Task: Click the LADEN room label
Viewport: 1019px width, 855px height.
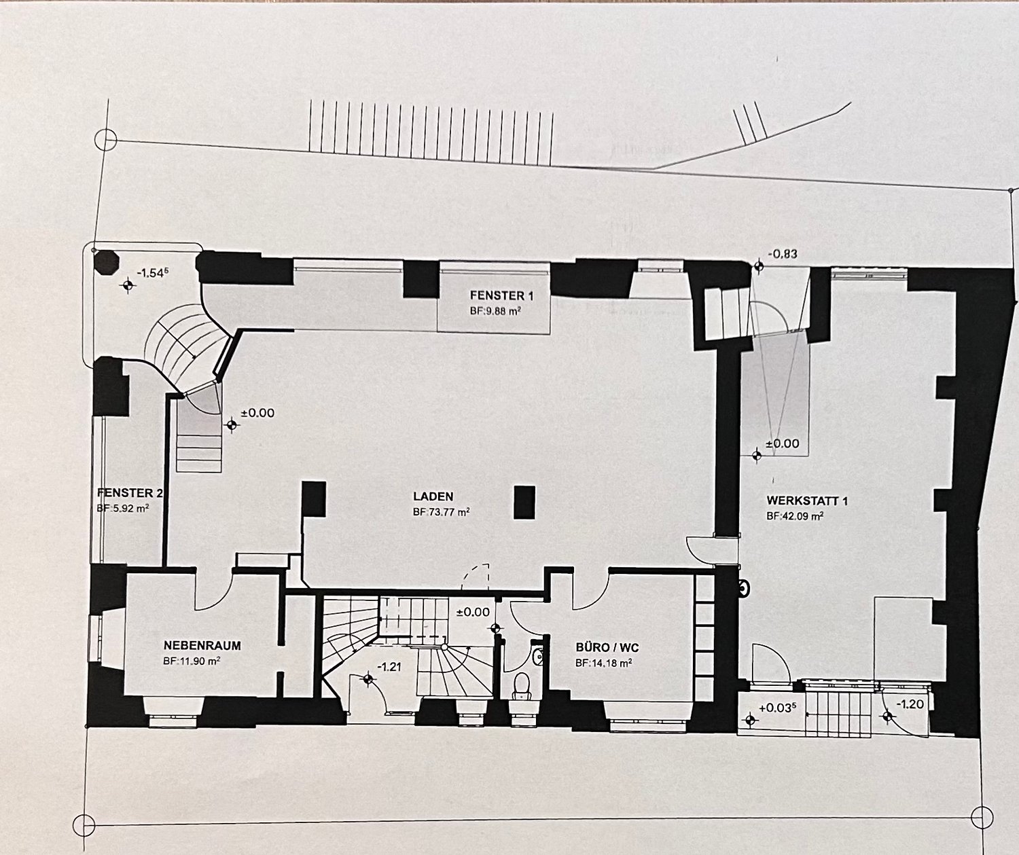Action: (433, 497)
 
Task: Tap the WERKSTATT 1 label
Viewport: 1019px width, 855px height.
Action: (807, 501)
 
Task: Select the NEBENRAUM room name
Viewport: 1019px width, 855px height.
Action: (202, 646)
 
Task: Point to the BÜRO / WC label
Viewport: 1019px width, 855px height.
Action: (607, 648)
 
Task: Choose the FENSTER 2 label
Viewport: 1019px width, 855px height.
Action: (130, 493)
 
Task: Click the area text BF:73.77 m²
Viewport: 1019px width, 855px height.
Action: (441, 512)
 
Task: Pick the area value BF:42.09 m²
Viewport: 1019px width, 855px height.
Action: (795, 516)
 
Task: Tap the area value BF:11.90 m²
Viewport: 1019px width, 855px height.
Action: (192, 661)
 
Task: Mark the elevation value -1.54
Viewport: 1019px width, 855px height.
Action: (153, 272)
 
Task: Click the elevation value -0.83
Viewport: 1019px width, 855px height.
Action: (783, 254)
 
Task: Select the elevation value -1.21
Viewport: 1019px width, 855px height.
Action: (389, 667)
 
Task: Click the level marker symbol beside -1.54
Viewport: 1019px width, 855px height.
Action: (128, 285)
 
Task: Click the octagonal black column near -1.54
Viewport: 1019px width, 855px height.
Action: (106, 262)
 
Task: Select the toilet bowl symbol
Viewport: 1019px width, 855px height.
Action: (522, 685)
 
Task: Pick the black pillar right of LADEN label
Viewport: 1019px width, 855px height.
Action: (524, 502)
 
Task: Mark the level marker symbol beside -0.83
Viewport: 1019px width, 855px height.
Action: (758, 266)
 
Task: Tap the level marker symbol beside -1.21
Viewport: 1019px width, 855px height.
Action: (368, 678)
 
